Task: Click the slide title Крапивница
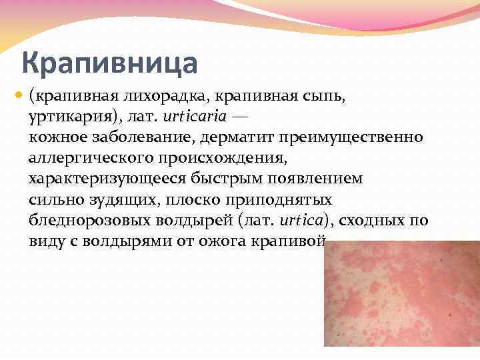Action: click(x=109, y=64)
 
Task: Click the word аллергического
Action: click(x=90, y=158)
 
